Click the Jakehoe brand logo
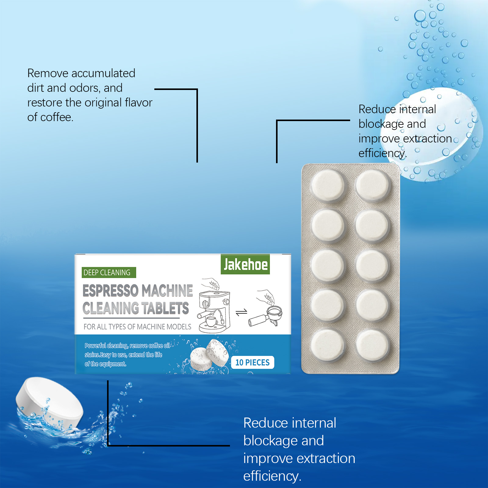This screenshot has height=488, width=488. click(x=245, y=264)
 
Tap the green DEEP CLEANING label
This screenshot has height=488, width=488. click(x=109, y=272)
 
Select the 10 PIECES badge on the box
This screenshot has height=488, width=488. click(x=253, y=362)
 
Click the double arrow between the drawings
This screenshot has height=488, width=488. click(x=242, y=312)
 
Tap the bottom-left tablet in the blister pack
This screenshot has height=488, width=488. click(x=328, y=345)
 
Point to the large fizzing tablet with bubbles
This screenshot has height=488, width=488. click(x=439, y=134)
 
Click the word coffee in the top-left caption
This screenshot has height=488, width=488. click(x=56, y=117)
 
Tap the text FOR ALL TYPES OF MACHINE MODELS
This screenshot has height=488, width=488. click(x=137, y=327)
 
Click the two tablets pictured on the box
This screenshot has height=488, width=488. click(x=210, y=356)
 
